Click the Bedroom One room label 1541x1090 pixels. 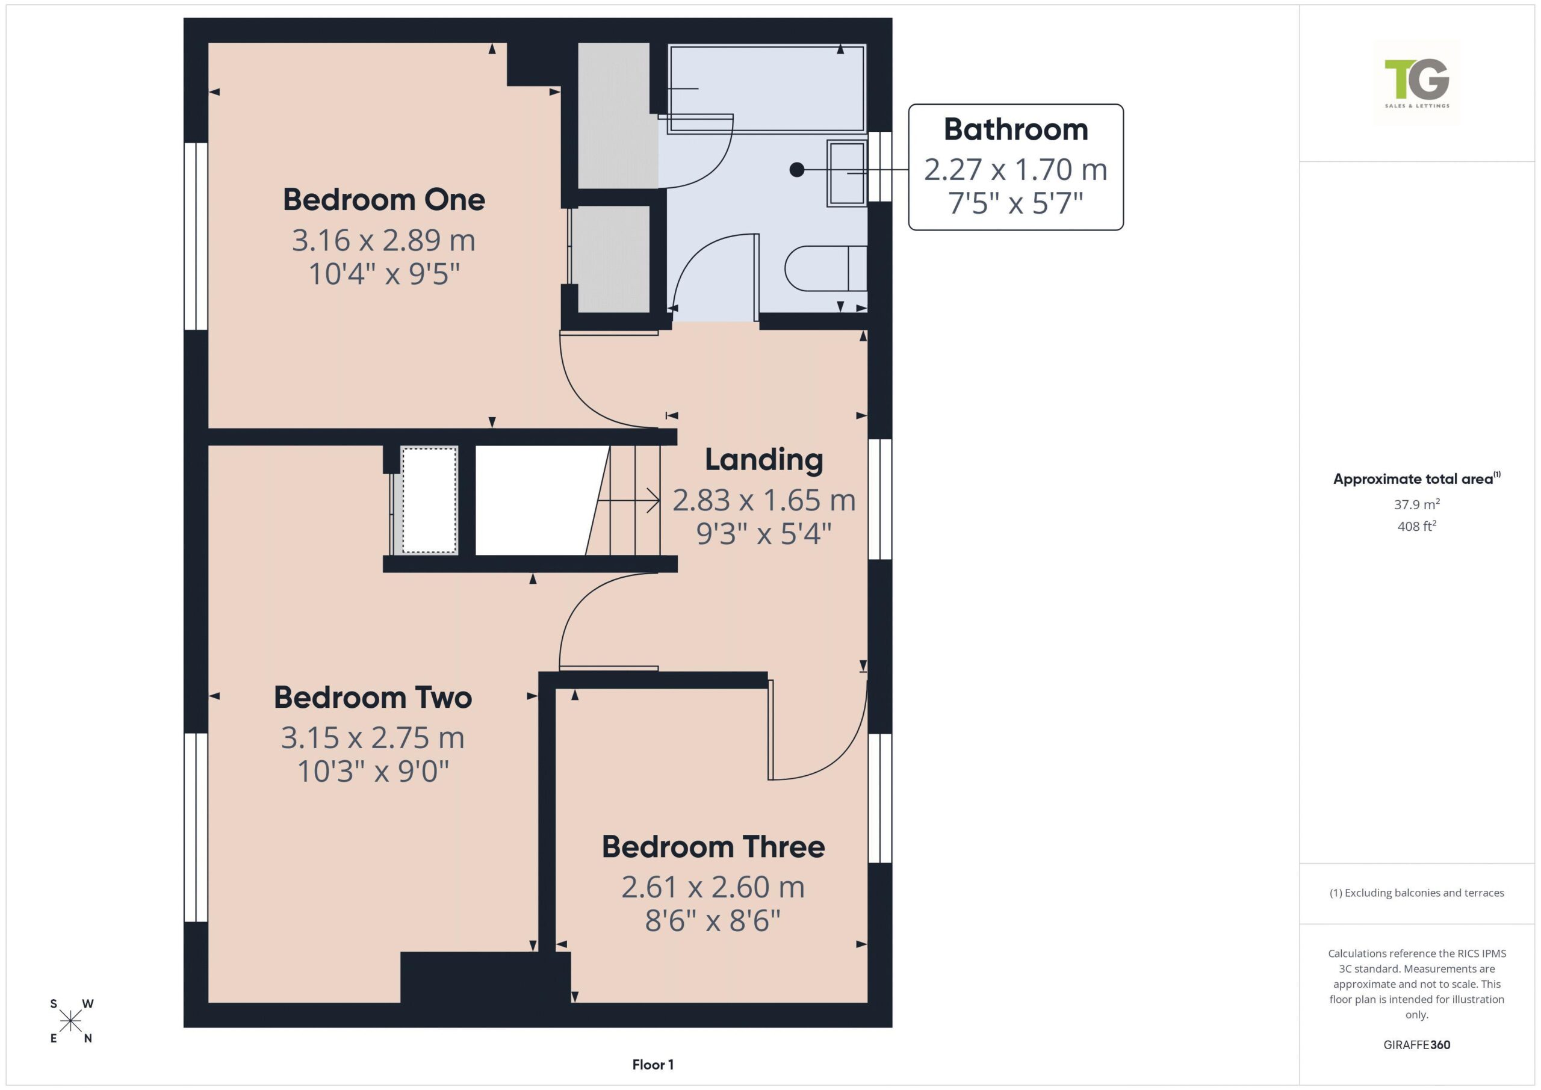384,199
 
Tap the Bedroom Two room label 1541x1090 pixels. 373,698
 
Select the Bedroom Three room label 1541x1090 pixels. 713,846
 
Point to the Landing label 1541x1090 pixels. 764,460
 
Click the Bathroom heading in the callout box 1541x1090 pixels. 1015,129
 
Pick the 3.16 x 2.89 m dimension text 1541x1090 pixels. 384,240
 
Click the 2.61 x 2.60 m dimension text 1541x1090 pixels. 713,887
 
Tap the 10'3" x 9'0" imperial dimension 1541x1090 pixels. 373,771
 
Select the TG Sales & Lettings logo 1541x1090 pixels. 1417,82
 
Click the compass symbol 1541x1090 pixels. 70,1021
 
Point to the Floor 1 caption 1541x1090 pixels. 653,1065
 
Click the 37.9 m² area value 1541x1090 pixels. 1416,504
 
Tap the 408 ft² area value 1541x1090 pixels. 1416,526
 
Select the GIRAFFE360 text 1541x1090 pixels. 1416,1044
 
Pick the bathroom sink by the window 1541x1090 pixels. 847,173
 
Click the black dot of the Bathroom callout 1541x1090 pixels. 796,170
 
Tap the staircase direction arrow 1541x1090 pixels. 628,501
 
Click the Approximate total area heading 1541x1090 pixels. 1416,478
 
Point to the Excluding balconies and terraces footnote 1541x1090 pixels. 1416,893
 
